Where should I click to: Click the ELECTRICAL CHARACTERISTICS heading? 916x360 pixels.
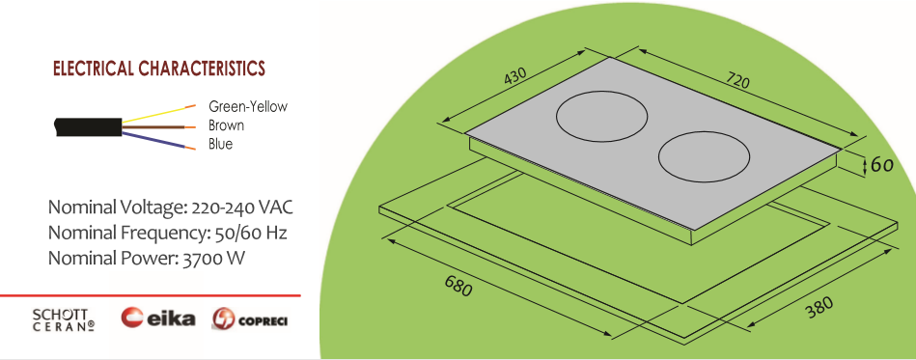click(159, 69)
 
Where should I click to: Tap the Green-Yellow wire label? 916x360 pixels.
click(248, 107)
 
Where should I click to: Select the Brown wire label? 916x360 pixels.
click(226, 125)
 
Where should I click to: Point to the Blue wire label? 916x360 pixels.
click(220, 144)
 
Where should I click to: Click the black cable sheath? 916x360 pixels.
click(88, 126)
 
